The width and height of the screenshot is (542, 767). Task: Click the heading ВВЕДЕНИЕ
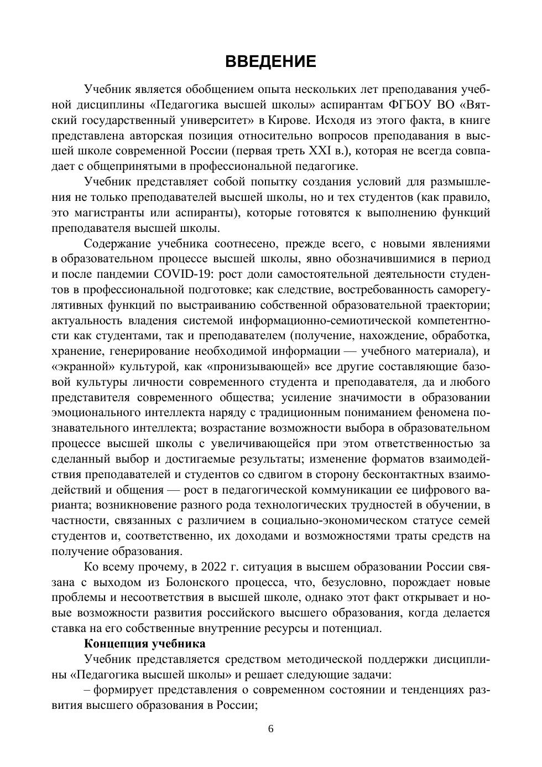click(270, 61)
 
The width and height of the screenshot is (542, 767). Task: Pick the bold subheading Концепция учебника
click(144, 644)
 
